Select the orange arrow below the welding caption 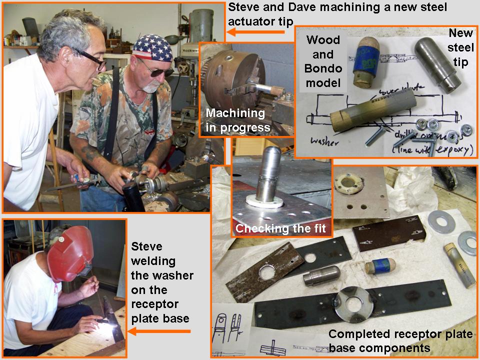[x=159, y=331]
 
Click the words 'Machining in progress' [x=237, y=120]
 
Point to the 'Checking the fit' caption [x=280, y=229]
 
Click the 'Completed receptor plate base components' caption [x=400, y=340]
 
